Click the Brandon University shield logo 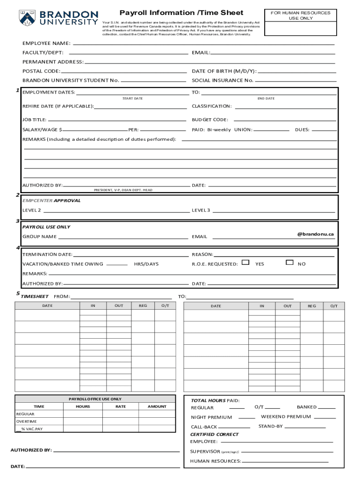click(26, 18)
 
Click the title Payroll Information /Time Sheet click(181, 13)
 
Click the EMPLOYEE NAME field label click(46, 44)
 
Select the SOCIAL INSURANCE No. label click(223, 80)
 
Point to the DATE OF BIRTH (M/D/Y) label click(224, 71)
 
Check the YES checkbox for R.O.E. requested click(245, 263)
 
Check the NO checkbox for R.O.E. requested click(289, 263)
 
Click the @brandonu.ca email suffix click(315, 234)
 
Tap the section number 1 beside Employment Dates click(17, 90)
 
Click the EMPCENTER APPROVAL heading click(51, 200)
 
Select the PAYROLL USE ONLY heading click(46, 226)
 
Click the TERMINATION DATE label click(47, 254)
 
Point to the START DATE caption click(132, 99)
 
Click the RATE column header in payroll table click(121, 406)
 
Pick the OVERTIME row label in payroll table click(27, 421)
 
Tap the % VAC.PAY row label click(31, 429)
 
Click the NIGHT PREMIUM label click(211, 417)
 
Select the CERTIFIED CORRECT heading click(214, 434)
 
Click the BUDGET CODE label click(210, 120)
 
